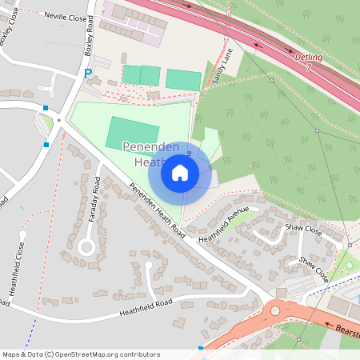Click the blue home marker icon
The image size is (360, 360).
tap(180, 171)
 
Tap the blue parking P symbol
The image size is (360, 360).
tap(88, 74)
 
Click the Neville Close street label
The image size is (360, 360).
tap(66, 15)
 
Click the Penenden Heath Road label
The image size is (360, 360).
tap(158, 210)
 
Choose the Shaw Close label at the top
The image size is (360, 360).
tap(303, 232)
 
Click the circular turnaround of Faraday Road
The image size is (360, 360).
tap(86, 247)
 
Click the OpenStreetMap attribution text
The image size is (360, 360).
tap(80, 354)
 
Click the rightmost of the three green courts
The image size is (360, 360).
tap(183, 80)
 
